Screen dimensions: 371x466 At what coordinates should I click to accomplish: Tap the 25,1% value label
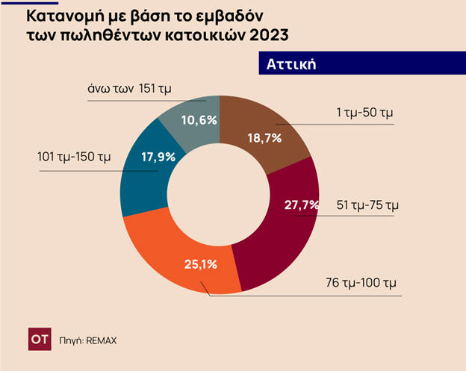coord(200,264)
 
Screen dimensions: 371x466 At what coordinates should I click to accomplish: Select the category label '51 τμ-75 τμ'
coord(366,204)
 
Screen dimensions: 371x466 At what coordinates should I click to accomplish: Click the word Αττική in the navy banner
coord(292,63)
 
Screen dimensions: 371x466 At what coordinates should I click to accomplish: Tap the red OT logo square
coord(39,339)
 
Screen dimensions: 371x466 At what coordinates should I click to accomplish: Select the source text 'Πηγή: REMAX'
coord(88,340)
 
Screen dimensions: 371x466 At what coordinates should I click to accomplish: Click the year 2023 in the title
coord(263,34)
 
